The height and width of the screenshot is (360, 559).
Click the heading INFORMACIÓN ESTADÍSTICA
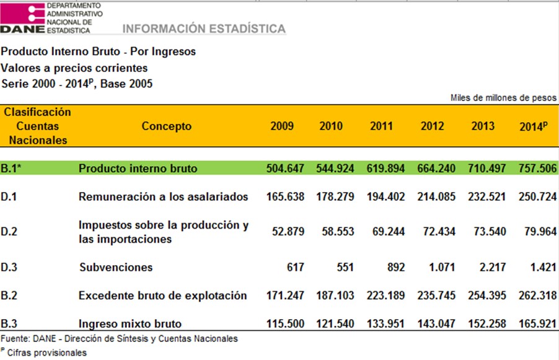coord(204,29)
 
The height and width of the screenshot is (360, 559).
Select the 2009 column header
coord(282,126)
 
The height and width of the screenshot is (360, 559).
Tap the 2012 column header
coord(433,126)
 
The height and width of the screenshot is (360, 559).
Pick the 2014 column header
coord(533,126)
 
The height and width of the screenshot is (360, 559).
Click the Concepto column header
coord(167,126)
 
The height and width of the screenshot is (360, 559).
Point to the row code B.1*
coord(13,168)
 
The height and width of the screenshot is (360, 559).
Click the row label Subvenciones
coord(116,268)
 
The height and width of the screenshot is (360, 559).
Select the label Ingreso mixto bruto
coord(130,323)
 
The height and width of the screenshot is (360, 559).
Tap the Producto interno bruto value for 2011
coord(381,168)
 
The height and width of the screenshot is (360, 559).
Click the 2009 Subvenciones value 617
coord(295,268)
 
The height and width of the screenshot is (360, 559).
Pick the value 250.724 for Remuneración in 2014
coord(537,196)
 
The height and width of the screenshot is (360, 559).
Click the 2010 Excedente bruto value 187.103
coord(337,296)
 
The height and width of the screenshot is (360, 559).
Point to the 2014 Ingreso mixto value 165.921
coord(537,323)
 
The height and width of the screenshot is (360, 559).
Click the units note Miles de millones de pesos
coord(503,98)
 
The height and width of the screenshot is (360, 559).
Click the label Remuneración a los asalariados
coord(163,196)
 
